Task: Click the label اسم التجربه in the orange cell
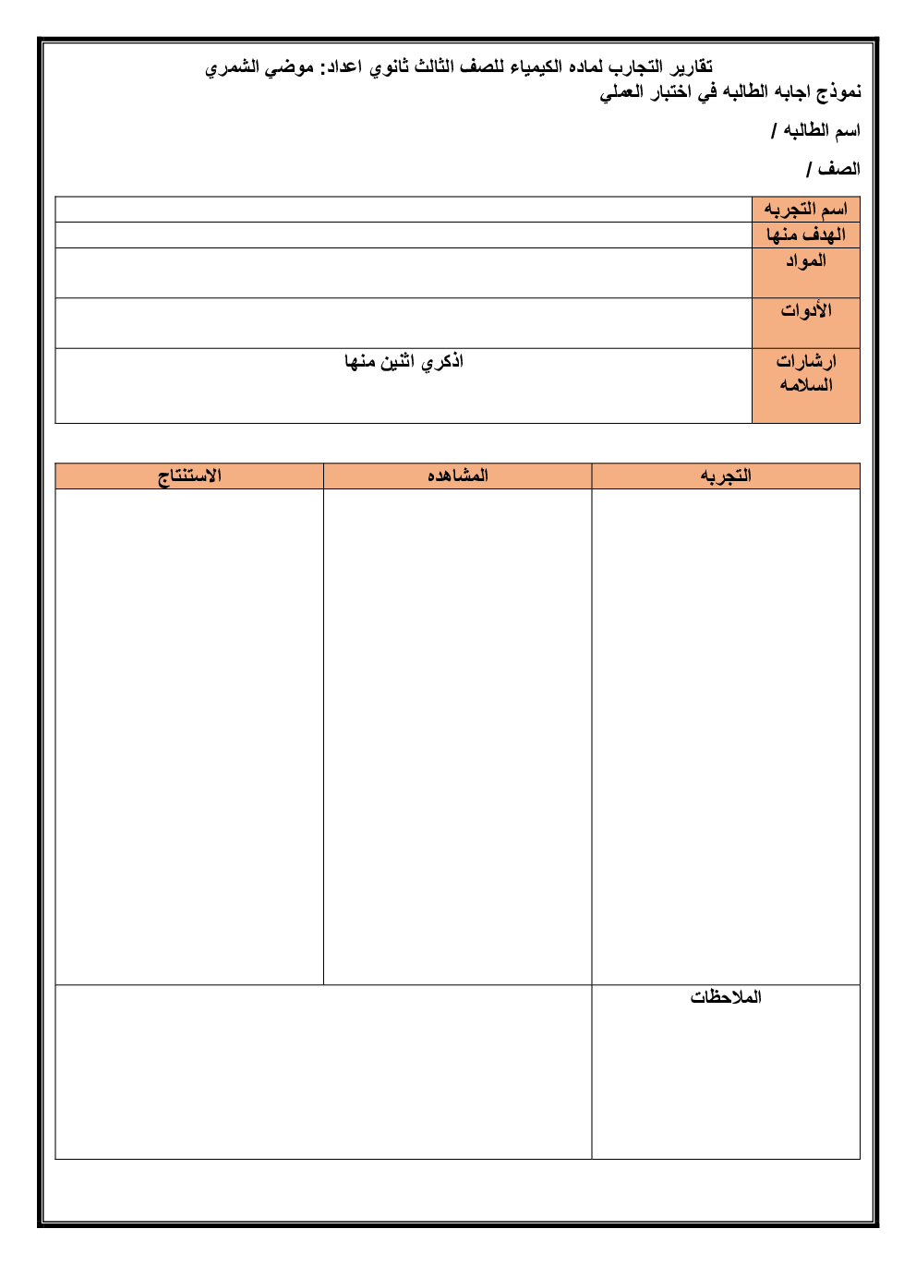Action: tap(805, 210)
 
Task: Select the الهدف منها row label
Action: tap(805, 235)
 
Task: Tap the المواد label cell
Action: tap(805, 261)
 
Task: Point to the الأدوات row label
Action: tap(805, 311)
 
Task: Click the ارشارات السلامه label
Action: tap(805, 373)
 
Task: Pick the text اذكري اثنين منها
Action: tap(404, 362)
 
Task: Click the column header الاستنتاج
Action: tap(189, 476)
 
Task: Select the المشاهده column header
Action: tap(457, 476)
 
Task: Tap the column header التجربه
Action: tap(726, 476)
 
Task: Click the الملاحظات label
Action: tap(726, 997)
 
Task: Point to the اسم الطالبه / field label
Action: tap(815, 131)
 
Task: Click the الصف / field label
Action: tap(833, 169)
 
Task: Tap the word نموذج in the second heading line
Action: tap(838, 91)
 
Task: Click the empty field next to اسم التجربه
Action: tap(404, 210)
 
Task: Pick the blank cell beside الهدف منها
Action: tap(404, 235)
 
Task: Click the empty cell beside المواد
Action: tap(404, 273)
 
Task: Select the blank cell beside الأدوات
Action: tap(404, 323)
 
